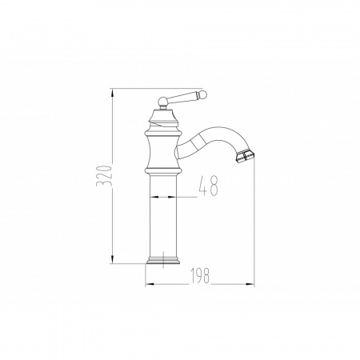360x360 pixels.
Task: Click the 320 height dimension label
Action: click(104, 176)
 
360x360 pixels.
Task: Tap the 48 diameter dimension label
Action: click(208, 186)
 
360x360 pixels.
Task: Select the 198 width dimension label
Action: click(200, 275)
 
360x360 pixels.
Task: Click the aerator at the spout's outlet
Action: click(245, 155)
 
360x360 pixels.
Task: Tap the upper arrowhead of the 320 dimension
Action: click(112, 93)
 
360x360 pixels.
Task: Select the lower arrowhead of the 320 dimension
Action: click(112, 259)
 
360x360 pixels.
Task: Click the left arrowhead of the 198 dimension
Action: click(150, 284)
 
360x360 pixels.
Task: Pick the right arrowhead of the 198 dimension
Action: click(250, 284)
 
